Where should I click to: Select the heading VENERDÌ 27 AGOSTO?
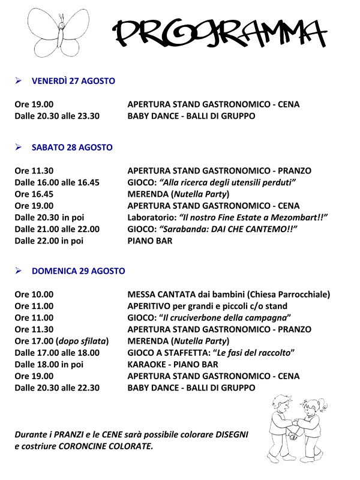point(73,81)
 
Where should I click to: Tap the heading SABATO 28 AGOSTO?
point(72,147)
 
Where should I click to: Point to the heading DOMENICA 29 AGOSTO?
point(79,271)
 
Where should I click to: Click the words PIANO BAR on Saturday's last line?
point(150,241)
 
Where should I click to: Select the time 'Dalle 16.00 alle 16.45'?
point(57,182)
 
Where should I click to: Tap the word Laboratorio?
point(149,217)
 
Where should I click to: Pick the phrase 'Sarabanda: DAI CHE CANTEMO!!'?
point(231,229)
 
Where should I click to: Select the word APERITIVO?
point(150,306)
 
